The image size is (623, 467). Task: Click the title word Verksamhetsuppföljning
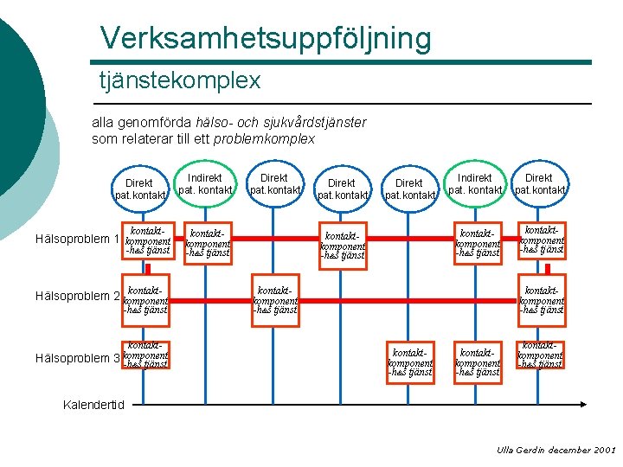(x=265, y=38)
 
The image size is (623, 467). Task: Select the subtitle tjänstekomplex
(x=179, y=80)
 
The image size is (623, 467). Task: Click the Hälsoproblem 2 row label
(x=75, y=296)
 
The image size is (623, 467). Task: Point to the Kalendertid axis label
(x=94, y=404)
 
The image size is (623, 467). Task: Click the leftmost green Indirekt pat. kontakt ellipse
(x=206, y=183)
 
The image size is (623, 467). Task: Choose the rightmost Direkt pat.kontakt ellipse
(x=539, y=183)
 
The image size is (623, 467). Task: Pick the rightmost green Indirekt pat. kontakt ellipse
(x=474, y=183)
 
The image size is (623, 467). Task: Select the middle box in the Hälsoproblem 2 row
(x=275, y=297)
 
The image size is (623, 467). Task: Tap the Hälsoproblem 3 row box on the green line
(x=478, y=363)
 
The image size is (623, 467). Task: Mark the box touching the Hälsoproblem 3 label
(x=145, y=355)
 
